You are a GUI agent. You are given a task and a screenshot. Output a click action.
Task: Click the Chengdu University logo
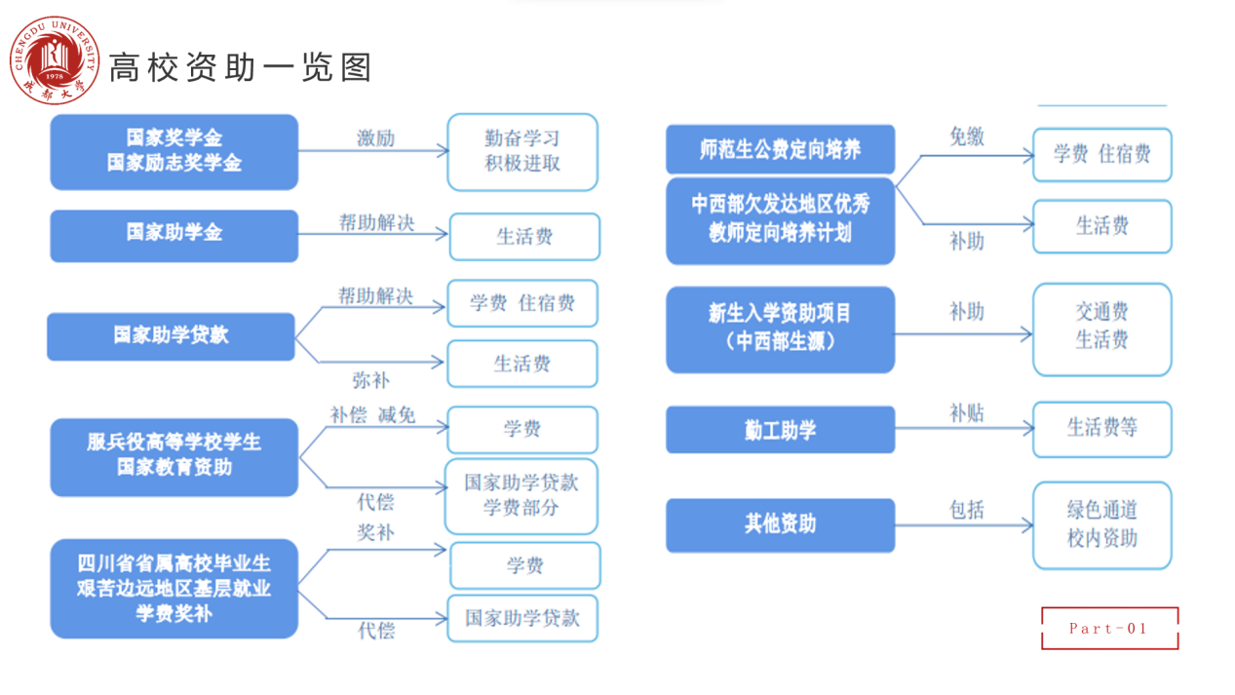(55, 60)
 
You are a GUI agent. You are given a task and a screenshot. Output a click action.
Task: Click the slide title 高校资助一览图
(241, 68)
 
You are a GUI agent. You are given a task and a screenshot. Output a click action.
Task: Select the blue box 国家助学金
(174, 236)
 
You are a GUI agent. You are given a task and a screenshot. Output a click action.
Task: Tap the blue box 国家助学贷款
(171, 336)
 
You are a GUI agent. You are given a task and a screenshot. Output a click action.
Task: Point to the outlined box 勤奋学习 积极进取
(522, 152)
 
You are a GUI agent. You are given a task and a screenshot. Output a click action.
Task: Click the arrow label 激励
(375, 137)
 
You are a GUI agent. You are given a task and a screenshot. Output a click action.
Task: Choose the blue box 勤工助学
(780, 430)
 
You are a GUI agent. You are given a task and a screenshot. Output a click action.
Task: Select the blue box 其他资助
(780, 525)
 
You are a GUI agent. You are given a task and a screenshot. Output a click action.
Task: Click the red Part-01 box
(1110, 629)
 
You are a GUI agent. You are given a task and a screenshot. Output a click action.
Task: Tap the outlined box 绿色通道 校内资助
(1102, 525)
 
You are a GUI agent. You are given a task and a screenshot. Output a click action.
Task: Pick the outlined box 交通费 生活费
(1102, 329)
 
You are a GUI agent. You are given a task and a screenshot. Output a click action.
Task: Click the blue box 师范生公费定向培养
(780, 149)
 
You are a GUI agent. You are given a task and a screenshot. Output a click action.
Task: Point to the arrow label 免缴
(967, 136)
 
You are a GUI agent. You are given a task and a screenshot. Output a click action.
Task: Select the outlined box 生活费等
(1102, 429)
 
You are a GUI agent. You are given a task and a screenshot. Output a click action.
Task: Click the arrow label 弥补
(371, 380)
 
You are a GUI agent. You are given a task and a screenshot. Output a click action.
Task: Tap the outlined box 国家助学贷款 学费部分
(521, 496)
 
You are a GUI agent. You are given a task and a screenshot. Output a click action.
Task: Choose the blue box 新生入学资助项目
(780, 329)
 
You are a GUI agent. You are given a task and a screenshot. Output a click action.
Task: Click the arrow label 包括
(967, 510)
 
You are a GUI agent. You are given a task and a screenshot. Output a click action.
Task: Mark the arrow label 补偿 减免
(372, 414)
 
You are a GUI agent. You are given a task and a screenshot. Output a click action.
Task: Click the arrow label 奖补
(375, 532)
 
